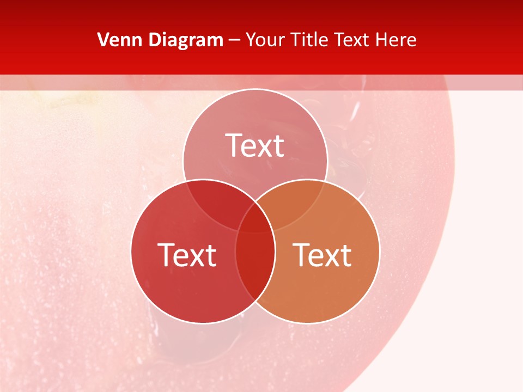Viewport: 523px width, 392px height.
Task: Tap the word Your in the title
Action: coord(266,40)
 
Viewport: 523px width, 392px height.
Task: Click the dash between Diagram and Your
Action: coord(234,40)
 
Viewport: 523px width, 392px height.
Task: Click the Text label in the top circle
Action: coord(255,145)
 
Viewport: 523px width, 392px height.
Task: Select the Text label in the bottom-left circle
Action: coord(187,255)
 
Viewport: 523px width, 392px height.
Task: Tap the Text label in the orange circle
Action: coord(323,255)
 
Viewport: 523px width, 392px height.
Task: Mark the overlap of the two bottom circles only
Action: coord(255,267)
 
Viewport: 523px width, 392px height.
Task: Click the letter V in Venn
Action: coord(103,40)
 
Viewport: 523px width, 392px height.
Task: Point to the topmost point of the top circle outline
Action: coord(255,89)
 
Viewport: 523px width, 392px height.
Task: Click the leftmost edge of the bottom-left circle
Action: coord(131,252)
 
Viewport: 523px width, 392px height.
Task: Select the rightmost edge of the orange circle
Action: coord(380,252)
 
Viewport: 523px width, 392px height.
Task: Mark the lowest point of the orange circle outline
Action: coord(308,323)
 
